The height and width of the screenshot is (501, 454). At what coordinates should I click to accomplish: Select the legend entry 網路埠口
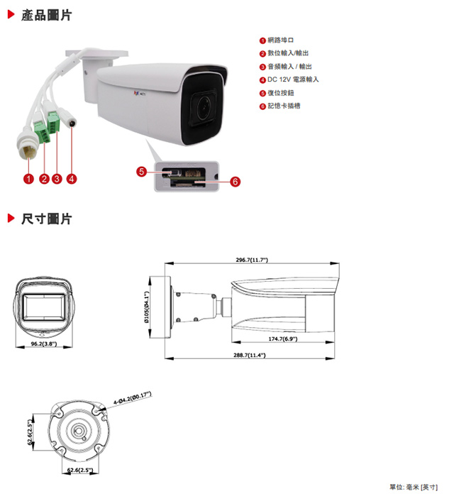pyautogui.click(x=280, y=40)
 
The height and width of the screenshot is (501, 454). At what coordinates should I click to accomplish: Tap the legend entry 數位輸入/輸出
pyautogui.click(x=288, y=53)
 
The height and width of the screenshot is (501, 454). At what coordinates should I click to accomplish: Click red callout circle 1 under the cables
pyautogui.click(x=28, y=178)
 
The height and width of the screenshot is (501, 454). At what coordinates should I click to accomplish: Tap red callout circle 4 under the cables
pyautogui.click(x=72, y=178)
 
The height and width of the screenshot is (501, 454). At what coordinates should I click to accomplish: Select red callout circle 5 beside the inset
pyautogui.click(x=142, y=171)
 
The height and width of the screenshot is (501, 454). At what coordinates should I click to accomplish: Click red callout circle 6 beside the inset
pyautogui.click(x=235, y=182)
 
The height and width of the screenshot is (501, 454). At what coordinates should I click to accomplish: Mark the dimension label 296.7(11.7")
pyautogui.click(x=252, y=260)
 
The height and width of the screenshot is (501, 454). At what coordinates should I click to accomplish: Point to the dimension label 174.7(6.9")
pyautogui.click(x=282, y=339)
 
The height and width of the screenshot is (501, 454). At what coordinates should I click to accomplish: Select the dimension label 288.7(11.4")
pyautogui.click(x=250, y=354)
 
